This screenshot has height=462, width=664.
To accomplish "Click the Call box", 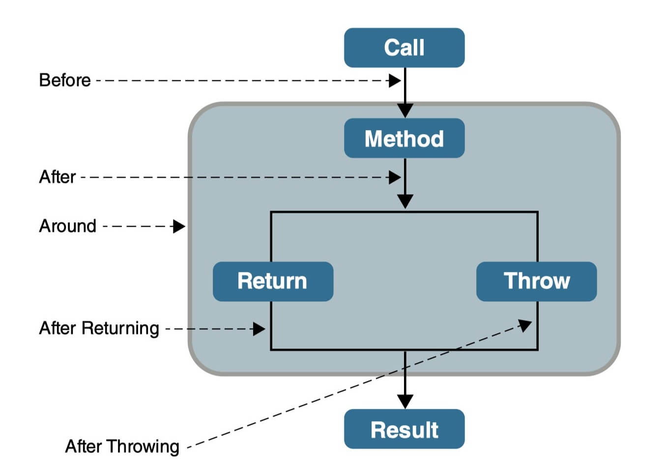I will (404, 48).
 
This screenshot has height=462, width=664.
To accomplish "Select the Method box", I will (404, 138).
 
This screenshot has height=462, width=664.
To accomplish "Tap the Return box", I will (273, 281).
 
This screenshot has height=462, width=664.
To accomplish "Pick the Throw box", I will (536, 281).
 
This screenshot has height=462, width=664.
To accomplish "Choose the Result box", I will (404, 429).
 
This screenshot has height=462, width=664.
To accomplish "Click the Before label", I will (65, 80).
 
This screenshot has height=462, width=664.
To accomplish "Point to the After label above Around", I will (58, 177).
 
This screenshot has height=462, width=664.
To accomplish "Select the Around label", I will (68, 226).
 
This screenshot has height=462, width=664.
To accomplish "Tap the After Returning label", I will (99, 328).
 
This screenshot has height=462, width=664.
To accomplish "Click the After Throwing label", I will (122, 446).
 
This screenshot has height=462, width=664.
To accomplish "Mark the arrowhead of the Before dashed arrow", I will (395, 81).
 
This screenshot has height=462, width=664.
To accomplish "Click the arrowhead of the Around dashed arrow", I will (179, 226).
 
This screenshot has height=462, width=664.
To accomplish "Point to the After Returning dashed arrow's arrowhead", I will (259, 328).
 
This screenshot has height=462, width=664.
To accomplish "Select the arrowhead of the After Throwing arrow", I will (525, 325).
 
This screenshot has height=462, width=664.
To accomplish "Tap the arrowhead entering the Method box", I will (405, 110).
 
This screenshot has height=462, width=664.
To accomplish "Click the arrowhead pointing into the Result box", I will (405, 401).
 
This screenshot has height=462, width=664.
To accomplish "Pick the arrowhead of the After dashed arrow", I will (395, 177).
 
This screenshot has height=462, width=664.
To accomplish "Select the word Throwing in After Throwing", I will (144, 446).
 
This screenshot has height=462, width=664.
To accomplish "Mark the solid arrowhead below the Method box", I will (405, 201).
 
